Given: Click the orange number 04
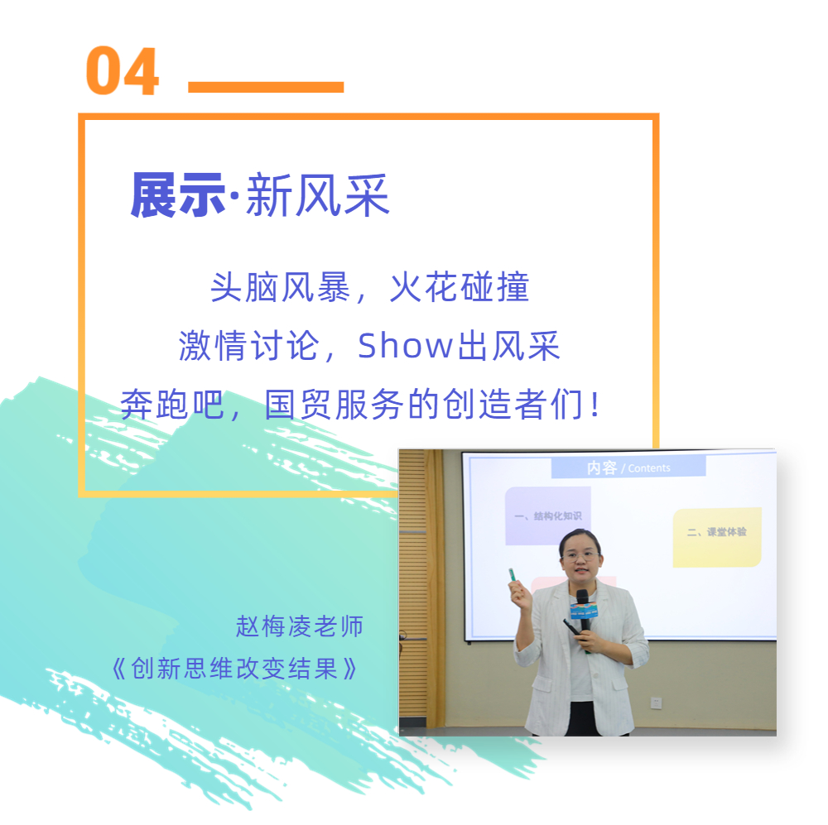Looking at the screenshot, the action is click(x=122, y=70).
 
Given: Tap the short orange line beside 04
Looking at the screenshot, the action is click(x=266, y=87).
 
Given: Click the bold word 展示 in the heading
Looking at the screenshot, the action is click(x=178, y=195).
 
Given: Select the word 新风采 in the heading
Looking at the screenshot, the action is click(x=318, y=195).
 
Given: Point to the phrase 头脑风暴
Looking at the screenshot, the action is click(x=281, y=287).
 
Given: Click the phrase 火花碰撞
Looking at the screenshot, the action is click(x=460, y=287).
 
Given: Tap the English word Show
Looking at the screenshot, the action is click(x=406, y=346).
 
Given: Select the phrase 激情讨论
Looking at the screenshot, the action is click(x=249, y=346).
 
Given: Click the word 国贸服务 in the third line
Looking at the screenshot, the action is click(x=335, y=405).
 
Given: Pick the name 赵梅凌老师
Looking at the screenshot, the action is click(x=300, y=626).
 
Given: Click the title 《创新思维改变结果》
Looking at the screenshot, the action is click(x=234, y=669).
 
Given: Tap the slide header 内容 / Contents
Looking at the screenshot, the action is click(x=628, y=468).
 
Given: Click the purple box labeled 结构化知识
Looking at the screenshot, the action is click(x=547, y=516).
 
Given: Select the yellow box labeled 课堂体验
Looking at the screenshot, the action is click(x=716, y=537).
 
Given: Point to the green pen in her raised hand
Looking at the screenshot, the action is click(x=513, y=576).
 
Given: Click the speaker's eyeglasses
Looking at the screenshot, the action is click(x=581, y=556).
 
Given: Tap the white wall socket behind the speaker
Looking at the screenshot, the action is click(x=657, y=703).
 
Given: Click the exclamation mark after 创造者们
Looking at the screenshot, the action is click(x=595, y=405).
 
